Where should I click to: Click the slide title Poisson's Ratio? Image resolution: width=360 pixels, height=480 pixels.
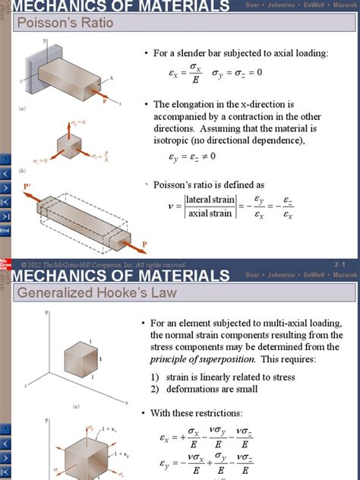coord(65,23)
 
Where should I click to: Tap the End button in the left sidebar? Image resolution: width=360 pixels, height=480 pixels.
coord(5,230)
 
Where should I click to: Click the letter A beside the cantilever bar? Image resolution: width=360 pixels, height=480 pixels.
coord(111,77)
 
